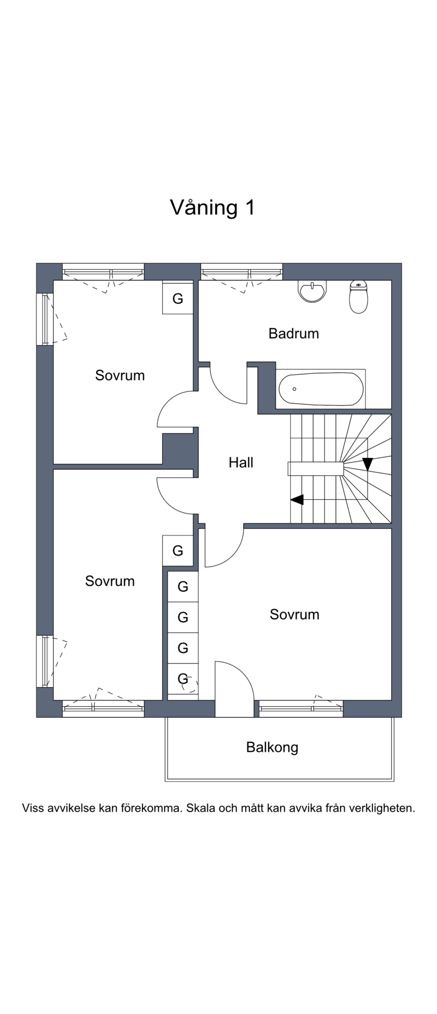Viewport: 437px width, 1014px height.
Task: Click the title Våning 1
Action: coord(212,208)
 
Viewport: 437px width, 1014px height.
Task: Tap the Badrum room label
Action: coord(293,333)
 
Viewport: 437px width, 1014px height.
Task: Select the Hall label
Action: coord(241,463)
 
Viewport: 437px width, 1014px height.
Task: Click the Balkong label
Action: coord(272,747)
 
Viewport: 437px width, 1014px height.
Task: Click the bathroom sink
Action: coord(312,291)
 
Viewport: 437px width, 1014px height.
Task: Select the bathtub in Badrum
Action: coord(321,389)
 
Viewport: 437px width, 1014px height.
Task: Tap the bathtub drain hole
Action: coord(294,389)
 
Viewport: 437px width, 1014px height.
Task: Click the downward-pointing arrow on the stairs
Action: coord(368,464)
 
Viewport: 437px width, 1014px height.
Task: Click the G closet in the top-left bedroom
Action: coord(178,298)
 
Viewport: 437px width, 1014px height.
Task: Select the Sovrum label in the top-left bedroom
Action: coord(120,375)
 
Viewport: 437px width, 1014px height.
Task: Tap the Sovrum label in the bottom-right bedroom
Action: coord(294,615)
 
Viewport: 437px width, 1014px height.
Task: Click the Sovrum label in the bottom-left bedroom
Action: coord(110,581)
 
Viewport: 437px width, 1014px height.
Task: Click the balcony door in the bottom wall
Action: coord(234,689)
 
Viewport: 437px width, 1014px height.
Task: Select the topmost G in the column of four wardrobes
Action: coord(183,586)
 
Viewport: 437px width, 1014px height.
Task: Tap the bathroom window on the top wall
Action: coord(241,272)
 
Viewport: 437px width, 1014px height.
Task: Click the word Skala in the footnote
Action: coord(200,808)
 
